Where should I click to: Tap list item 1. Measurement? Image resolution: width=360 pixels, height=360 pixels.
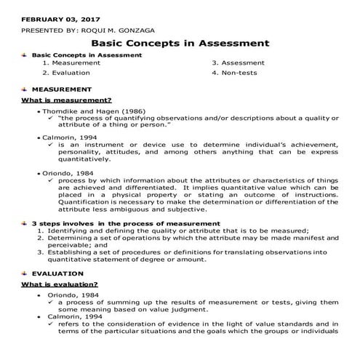click(71, 63)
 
